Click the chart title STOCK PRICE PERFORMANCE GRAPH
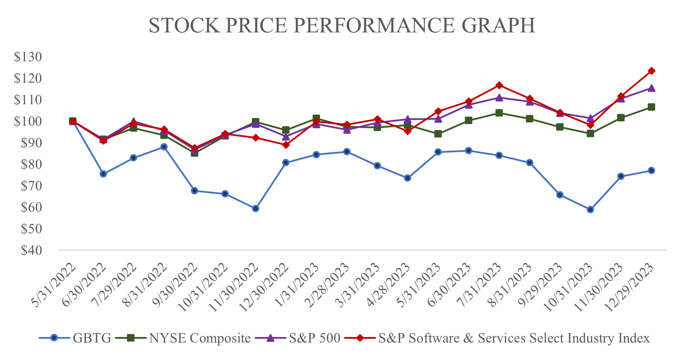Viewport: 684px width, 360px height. [x=342, y=26]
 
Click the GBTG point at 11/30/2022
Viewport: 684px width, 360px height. [x=255, y=208]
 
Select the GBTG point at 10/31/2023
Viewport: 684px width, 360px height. [x=590, y=209]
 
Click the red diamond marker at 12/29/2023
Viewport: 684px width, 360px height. [x=651, y=71]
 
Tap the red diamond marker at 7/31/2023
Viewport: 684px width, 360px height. [x=499, y=85]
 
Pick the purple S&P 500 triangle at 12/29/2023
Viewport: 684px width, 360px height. [x=651, y=88]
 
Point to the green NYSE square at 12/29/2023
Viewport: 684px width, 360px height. [x=651, y=107]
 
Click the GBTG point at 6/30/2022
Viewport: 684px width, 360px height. [x=103, y=174]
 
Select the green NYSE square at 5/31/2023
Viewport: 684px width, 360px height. [x=438, y=134]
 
